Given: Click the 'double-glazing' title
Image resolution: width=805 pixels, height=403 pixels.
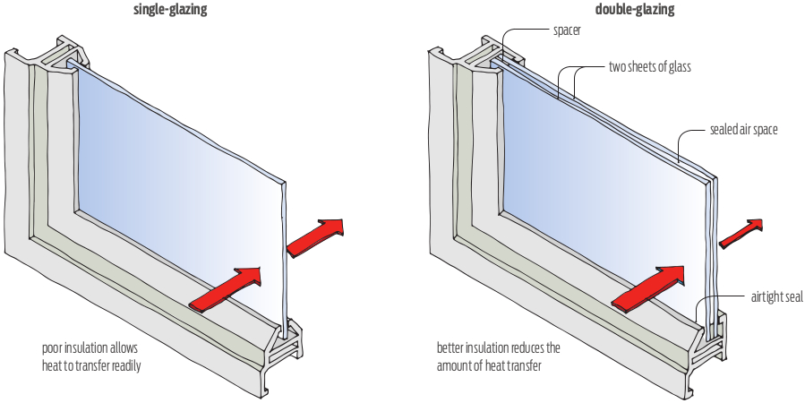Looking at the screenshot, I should click(x=634, y=10).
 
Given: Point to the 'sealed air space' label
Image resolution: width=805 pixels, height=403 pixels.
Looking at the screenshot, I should click(x=743, y=130).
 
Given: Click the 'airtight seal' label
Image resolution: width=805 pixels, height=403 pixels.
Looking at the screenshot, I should click(x=776, y=296).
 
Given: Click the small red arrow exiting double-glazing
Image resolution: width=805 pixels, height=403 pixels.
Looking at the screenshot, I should click(x=741, y=231).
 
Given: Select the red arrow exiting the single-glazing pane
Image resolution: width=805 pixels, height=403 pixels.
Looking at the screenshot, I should click(x=315, y=235).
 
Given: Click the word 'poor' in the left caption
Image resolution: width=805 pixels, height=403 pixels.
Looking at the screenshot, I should click(x=52, y=347).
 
